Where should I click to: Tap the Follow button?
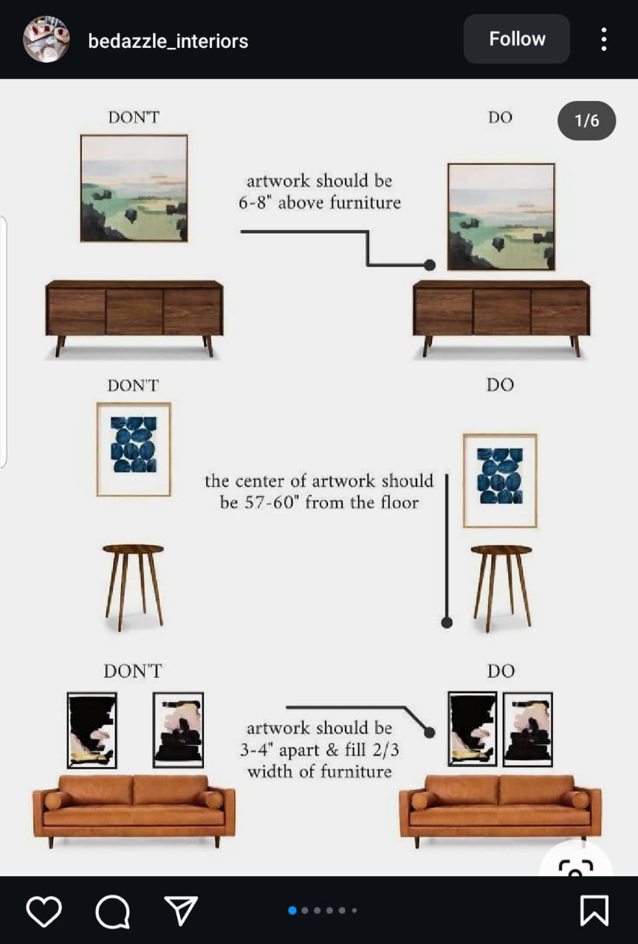(x=517, y=39)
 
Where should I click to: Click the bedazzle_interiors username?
(x=168, y=41)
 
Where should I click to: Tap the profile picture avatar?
(x=46, y=40)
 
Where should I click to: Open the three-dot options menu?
(x=604, y=39)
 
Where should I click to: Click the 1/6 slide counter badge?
(x=586, y=120)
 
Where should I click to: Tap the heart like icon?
(x=44, y=911)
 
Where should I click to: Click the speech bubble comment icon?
(x=113, y=912)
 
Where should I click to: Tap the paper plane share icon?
(x=181, y=910)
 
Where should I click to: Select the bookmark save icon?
(x=594, y=911)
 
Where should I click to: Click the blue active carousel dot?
(x=292, y=911)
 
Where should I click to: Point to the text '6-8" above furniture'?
(x=320, y=203)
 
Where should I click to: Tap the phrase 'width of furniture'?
(x=320, y=771)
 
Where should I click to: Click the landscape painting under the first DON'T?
(x=134, y=188)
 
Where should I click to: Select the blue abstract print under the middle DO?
(x=500, y=481)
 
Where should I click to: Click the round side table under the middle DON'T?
(x=134, y=586)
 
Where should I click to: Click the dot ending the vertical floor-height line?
(x=447, y=622)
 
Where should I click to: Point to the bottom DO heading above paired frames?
(x=501, y=671)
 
